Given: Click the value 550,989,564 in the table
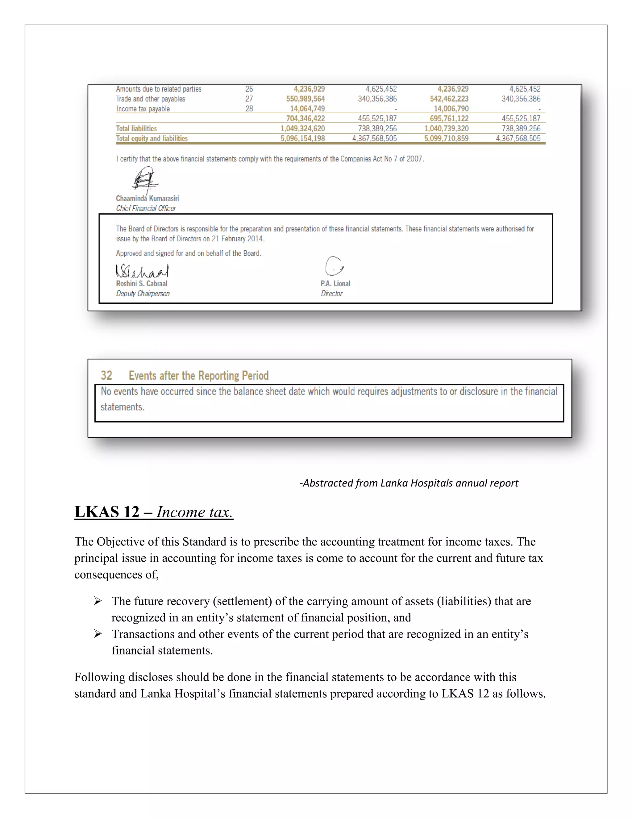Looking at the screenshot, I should coord(305,99).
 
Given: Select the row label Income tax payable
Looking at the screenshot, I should coord(143,109).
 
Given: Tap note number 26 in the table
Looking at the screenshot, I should coord(249,89).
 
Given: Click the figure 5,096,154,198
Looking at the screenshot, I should coord(302,139).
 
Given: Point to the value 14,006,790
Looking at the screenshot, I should coord(451,109).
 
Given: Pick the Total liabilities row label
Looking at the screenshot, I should coord(136,128).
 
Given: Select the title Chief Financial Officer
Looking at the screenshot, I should coord(146,209).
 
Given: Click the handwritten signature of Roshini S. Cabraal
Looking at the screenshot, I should coord(142,270).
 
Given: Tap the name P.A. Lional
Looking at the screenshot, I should coord(335,284).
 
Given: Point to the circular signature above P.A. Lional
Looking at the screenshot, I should coord(334,266).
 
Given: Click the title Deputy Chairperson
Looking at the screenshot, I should coord(143,294).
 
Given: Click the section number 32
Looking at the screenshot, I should coord(106,375).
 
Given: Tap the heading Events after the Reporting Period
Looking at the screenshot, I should coord(198,375).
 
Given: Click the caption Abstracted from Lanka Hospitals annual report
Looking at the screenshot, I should coord(409,483).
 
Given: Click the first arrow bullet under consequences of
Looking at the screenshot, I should coord(98,601).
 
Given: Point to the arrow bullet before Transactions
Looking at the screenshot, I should coord(98,634).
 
